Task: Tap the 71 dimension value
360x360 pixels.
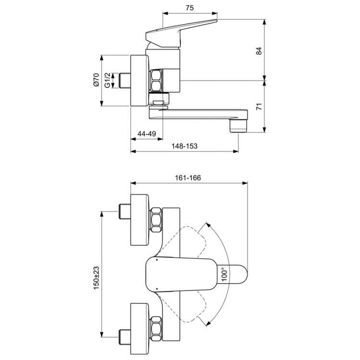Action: [259, 106]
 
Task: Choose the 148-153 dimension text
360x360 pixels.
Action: [185, 146]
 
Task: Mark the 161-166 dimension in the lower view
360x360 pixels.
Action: [188, 178]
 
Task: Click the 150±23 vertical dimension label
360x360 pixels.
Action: [96, 277]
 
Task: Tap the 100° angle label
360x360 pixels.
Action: [225, 274]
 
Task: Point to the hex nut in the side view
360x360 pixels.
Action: [156, 81]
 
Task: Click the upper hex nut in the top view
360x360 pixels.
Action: [156, 221]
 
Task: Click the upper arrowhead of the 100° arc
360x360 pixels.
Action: [207, 224]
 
